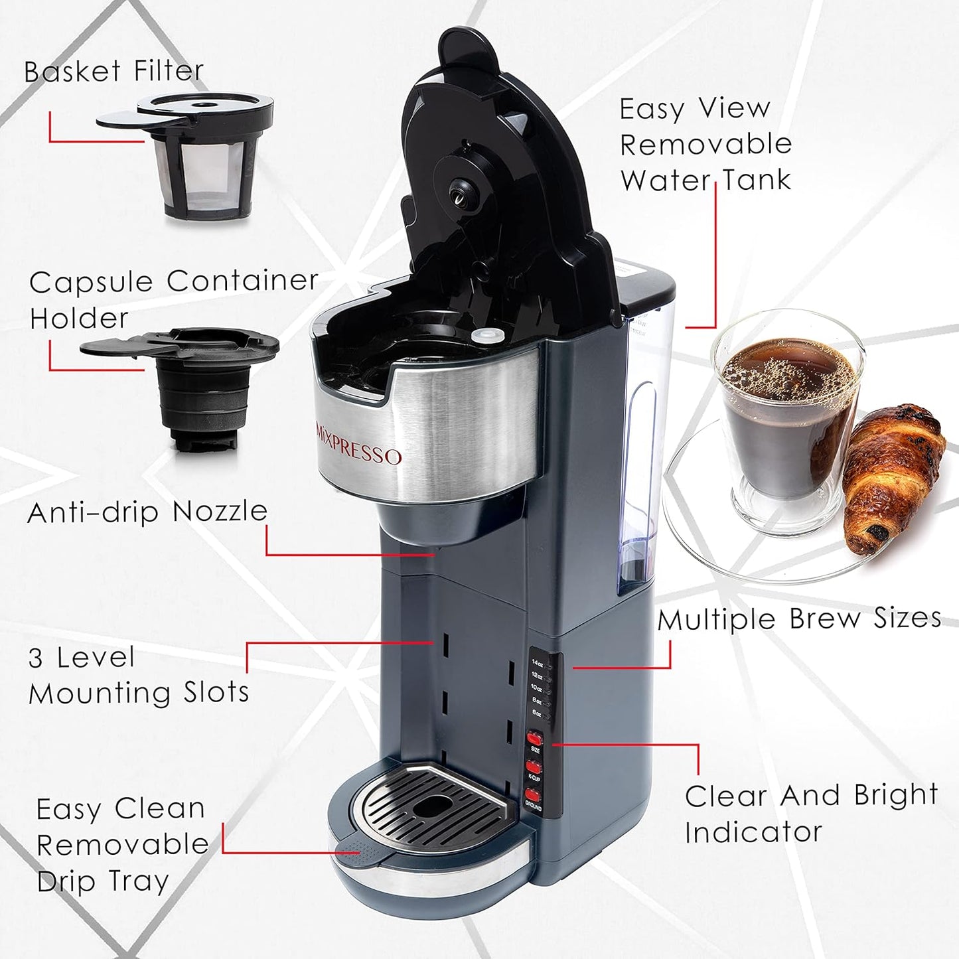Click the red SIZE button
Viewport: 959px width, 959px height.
click(534, 738)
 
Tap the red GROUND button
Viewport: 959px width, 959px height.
click(533, 795)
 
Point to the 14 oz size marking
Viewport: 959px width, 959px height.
click(538, 662)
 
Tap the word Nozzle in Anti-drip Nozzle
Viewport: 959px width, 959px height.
click(220, 512)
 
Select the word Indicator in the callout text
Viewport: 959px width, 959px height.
click(753, 832)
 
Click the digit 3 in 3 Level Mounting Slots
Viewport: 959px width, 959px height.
click(37, 658)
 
